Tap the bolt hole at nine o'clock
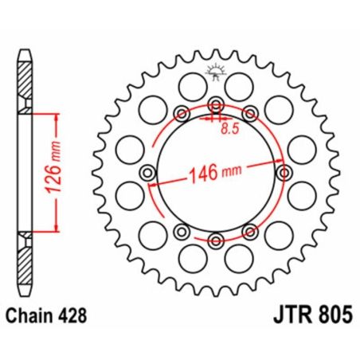coord(146,173)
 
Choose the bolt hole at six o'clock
coord(215,240)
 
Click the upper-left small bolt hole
coord(180,112)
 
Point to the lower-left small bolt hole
coord(180,232)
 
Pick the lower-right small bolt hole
coord(250,232)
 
